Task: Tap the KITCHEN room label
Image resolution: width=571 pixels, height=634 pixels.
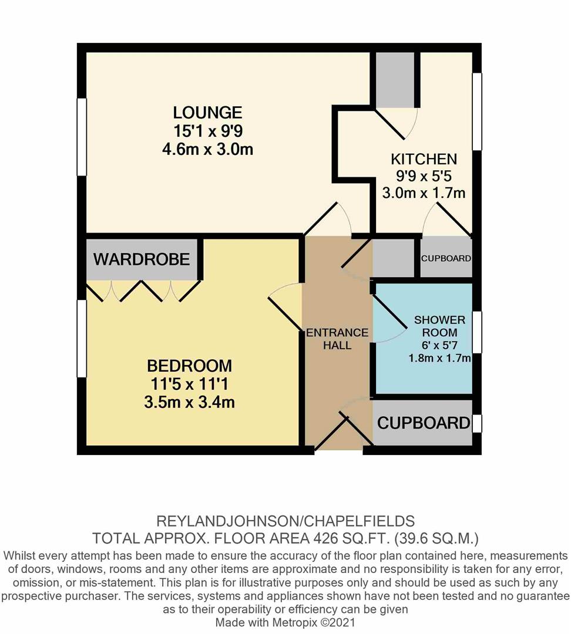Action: point(424,159)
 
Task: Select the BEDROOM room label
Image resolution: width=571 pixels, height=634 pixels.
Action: point(189,366)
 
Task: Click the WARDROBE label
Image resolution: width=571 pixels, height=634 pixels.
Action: point(141,259)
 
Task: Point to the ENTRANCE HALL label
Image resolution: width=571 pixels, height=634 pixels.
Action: point(337,339)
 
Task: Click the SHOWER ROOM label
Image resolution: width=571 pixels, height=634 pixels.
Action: point(439,326)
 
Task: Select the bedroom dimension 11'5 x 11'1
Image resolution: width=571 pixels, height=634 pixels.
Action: point(189,385)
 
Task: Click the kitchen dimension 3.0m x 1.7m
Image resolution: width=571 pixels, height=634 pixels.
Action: point(424,192)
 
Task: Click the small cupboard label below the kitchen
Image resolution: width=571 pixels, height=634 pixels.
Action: point(446,258)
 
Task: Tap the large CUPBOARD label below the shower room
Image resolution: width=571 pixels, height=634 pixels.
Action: point(423,423)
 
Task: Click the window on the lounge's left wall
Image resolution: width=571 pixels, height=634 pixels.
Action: point(82,136)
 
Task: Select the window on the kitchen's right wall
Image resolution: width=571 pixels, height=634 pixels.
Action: point(477,110)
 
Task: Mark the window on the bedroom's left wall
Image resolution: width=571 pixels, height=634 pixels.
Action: point(82,338)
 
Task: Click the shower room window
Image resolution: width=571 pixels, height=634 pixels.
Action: point(477,332)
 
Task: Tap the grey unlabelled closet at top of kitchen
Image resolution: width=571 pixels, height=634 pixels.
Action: point(395,79)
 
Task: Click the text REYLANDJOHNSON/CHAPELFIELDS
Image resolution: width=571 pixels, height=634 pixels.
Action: point(285,521)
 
